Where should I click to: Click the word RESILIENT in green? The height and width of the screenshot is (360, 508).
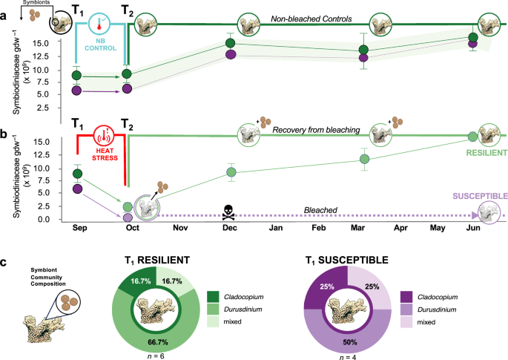point(482,151)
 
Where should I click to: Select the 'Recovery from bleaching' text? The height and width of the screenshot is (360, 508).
point(315,130)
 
